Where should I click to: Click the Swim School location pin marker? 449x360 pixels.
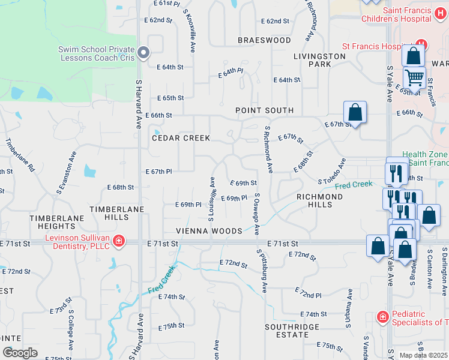coord(143,54)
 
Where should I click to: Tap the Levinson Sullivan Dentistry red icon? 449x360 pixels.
coord(119,241)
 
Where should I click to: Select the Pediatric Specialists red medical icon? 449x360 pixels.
coord(382,316)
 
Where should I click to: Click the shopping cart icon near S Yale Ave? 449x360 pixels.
coord(414,76)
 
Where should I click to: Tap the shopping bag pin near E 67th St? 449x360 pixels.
coord(355,112)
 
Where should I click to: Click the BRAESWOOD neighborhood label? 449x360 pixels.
coord(264,40)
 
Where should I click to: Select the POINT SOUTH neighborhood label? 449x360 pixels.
coord(264,110)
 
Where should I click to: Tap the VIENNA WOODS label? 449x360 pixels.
coord(209,231)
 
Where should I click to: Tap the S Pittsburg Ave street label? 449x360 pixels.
coord(262,271)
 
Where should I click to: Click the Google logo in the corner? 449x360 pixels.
coord(20,353)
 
